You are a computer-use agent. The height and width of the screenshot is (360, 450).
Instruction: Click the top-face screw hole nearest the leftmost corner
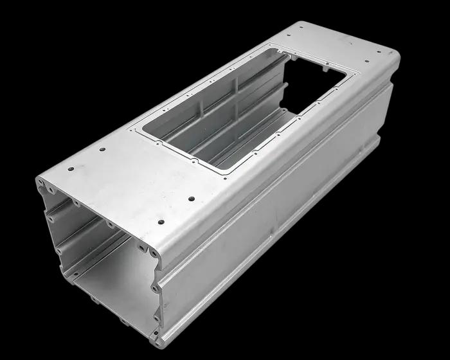pyautogui.click(x=71, y=170)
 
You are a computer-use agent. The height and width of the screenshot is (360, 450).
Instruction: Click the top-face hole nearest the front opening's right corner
pyautogui.click(x=160, y=222)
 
